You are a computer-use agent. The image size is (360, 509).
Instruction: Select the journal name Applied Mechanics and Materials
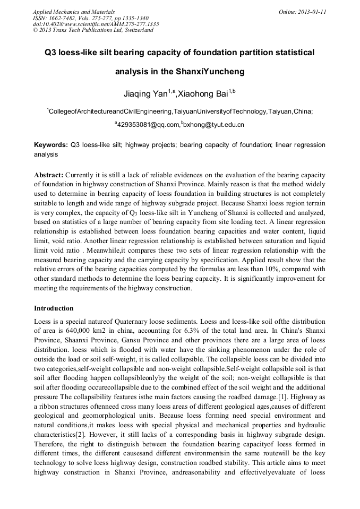point(74,12)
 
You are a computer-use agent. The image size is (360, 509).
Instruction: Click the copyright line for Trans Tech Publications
point(93,30)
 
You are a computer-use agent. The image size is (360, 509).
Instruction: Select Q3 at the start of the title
point(52,53)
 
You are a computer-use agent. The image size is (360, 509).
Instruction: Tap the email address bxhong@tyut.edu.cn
point(213,125)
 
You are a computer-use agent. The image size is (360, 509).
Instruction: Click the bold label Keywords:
point(51,145)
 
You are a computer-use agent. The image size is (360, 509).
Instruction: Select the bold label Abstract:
point(49,175)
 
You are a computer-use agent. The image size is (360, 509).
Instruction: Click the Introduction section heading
point(54,308)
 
